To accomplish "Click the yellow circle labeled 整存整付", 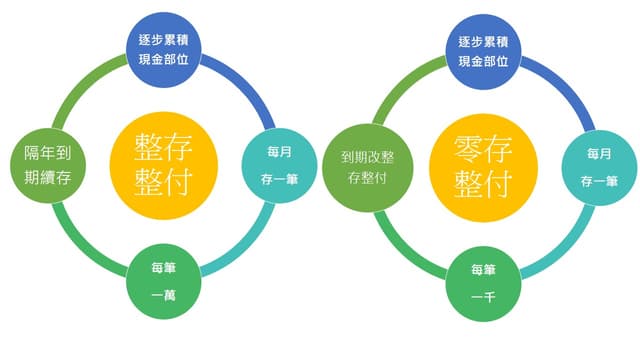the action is (x=164, y=166).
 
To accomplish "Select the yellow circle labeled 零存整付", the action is (x=483, y=168).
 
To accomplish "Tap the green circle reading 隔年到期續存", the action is (x=48, y=165).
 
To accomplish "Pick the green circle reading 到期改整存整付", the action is (x=368, y=168).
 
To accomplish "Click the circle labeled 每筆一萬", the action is (x=164, y=281).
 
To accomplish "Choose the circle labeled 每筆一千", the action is (x=483, y=284).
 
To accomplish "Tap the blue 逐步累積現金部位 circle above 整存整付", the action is (x=164, y=50).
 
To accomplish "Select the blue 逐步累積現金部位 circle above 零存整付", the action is (x=483, y=52).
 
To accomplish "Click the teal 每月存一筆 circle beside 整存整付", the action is (x=279, y=165).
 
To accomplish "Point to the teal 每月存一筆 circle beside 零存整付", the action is (x=599, y=168).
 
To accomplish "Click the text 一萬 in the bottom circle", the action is (x=164, y=295).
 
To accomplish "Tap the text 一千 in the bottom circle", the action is (x=483, y=297).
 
